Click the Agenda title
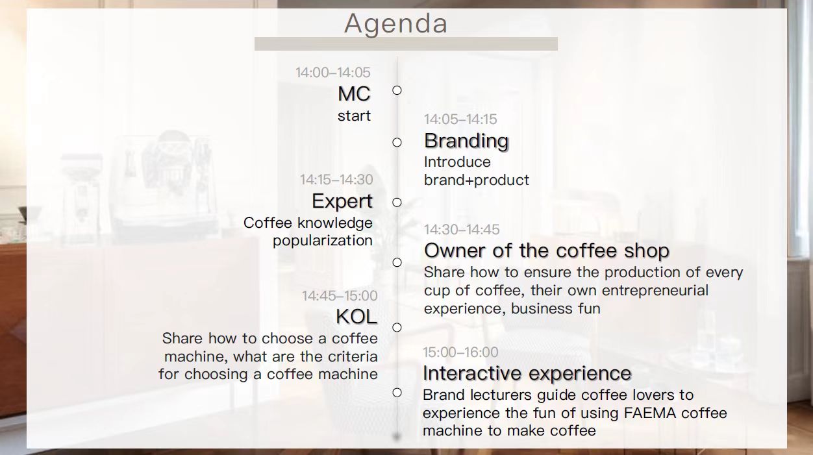[x=395, y=24]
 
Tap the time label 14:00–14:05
[x=333, y=73]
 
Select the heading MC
[x=354, y=93]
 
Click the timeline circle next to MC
[x=397, y=90]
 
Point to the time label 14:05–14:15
[x=460, y=119]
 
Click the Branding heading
[x=466, y=141]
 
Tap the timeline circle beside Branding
[x=397, y=143]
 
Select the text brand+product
[x=477, y=180]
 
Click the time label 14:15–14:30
[x=336, y=180]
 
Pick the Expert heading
[x=342, y=201]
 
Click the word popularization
[x=323, y=241]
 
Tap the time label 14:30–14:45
[x=462, y=229]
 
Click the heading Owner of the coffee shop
[x=547, y=251]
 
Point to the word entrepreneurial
[x=655, y=290]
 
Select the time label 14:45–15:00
[x=340, y=296]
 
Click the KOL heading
[x=356, y=317]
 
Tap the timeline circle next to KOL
[x=397, y=327]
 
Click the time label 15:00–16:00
[x=460, y=352]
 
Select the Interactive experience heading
[x=527, y=373]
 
